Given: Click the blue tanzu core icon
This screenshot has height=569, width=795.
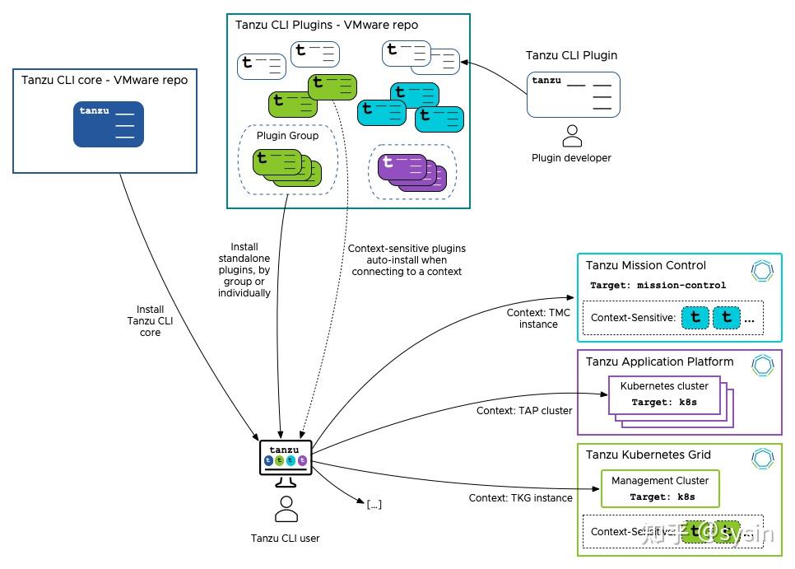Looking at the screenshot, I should (x=108, y=124).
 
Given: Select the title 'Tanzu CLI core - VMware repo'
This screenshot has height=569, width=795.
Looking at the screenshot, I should (x=105, y=80).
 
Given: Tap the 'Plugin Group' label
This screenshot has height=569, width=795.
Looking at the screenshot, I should (x=287, y=136).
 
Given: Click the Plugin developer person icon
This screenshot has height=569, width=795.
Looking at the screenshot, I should (x=571, y=136).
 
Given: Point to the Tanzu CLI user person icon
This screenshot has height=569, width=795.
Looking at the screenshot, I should (x=286, y=510).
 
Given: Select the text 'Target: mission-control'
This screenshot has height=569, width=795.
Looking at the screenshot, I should (x=658, y=286).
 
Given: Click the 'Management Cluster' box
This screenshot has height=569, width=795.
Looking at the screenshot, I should (x=660, y=488).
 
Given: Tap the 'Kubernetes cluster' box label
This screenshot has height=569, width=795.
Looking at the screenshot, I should (x=664, y=385).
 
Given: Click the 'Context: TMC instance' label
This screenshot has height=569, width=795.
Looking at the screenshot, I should (x=538, y=319).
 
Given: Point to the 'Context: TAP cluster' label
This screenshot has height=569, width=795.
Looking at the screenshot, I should (x=523, y=410).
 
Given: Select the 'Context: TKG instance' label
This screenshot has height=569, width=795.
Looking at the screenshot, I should (x=520, y=498).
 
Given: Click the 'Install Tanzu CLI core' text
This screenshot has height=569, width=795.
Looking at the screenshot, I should (x=150, y=321).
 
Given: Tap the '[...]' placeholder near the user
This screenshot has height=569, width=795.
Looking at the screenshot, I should (x=374, y=504).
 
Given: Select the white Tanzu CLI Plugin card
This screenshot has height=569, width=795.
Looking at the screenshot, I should (x=573, y=94).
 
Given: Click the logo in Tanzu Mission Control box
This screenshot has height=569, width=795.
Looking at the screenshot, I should (x=763, y=271).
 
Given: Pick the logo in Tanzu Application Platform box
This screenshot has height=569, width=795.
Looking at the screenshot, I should (x=763, y=366).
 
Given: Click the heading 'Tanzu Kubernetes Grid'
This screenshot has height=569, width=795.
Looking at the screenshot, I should (x=648, y=455).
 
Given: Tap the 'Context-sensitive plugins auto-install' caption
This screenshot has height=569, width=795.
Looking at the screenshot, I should (x=407, y=259).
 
